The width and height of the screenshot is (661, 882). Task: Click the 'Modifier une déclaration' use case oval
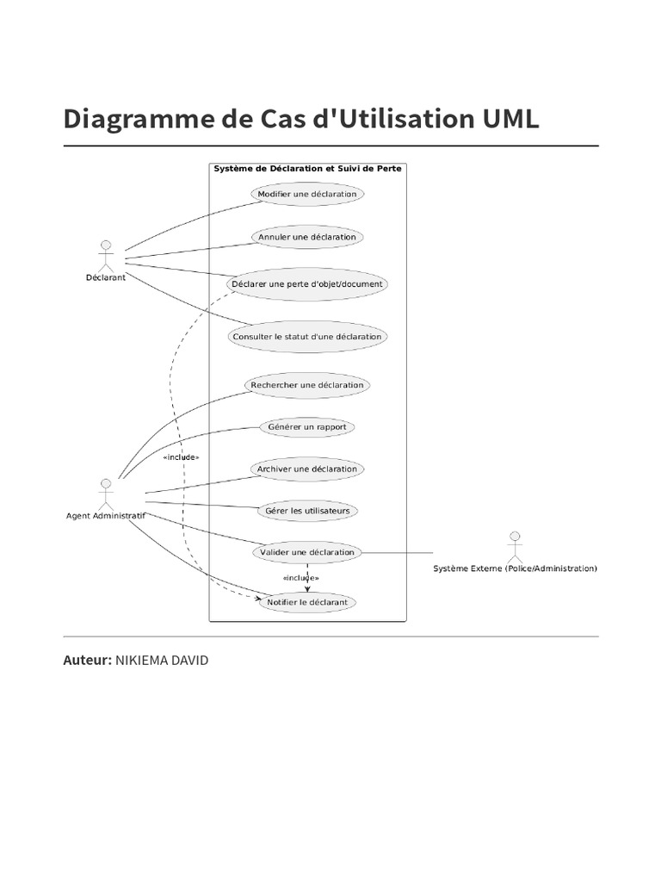click(307, 195)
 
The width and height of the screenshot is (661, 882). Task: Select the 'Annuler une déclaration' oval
click(307, 237)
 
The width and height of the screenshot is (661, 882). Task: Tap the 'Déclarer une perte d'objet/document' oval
click(307, 283)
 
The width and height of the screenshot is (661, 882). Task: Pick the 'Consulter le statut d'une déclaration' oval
click(307, 337)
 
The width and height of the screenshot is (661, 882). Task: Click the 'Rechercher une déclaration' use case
click(307, 385)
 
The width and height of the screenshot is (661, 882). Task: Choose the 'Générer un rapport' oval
click(307, 427)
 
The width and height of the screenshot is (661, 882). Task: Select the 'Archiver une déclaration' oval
click(307, 469)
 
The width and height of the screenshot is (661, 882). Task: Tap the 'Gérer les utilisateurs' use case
click(307, 511)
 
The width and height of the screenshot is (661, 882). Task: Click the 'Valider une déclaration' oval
click(307, 552)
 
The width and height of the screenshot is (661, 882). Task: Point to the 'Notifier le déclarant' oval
click(307, 602)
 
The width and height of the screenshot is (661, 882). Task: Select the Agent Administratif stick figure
click(106, 493)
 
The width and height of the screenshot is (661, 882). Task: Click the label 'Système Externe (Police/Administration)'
click(515, 568)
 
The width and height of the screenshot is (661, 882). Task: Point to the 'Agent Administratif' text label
click(106, 516)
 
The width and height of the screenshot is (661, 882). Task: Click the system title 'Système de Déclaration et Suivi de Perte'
click(307, 169)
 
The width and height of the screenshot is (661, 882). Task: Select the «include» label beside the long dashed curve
click(181, 457)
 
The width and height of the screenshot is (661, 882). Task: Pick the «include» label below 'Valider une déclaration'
click(300, 578)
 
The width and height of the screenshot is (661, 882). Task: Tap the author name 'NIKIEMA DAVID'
click(161, 661)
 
